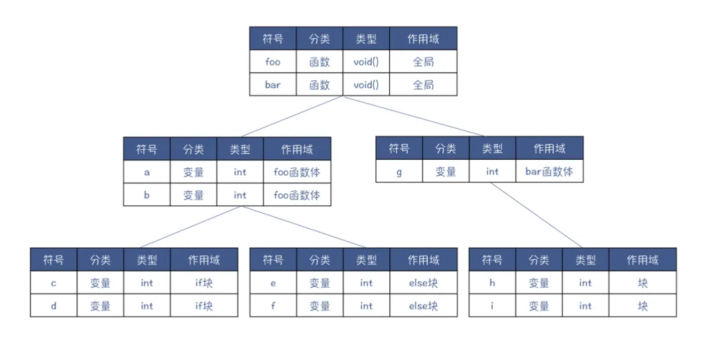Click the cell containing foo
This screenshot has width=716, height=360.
(272, 62)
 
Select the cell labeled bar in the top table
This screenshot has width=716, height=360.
(272, 85)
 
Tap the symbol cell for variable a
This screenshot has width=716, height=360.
(147, 172)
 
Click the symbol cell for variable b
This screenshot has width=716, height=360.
(147, 195)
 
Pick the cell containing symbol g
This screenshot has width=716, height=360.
(398, 172)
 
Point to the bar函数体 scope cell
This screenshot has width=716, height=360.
(549, 172)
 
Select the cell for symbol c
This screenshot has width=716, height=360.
(54, 283)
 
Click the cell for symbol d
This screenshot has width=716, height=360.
(54, 306)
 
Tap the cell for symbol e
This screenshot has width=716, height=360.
(272, 283)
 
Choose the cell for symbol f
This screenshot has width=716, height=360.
(272, 306)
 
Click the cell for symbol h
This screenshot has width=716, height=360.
(492, 283)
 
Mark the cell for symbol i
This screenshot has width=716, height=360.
(492, 306)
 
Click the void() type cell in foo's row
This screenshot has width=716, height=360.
(366, 62)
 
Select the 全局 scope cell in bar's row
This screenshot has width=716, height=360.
(423, 85)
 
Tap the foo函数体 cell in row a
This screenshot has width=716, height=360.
(296, 172)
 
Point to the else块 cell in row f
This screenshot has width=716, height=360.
(423, 306)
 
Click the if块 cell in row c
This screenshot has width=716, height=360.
(204, 283)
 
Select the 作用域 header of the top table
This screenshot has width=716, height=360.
(423, 39)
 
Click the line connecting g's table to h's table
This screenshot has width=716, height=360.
(537, 215)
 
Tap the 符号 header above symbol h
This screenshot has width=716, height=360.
(492, 260)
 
